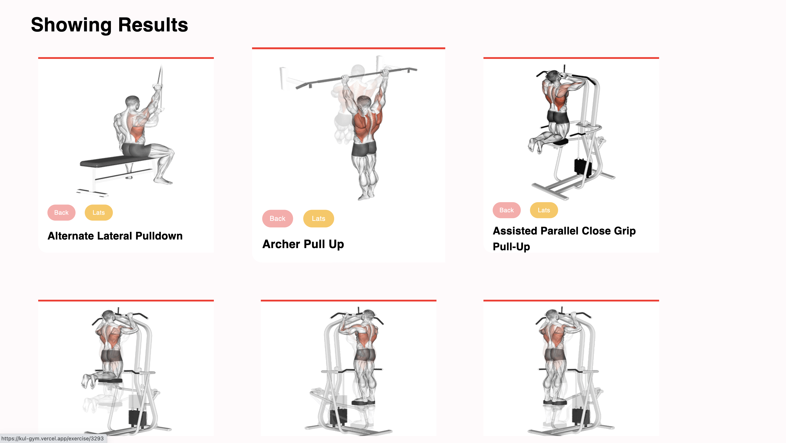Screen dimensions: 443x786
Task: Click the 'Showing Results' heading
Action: pos(109,25)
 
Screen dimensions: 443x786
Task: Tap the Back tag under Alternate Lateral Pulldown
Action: pos(61,212)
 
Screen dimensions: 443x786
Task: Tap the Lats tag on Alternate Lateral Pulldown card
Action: pos(99,212)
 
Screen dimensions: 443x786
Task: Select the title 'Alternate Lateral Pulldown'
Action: pos(115,236)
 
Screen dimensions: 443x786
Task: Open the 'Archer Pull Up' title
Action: pos(303,244)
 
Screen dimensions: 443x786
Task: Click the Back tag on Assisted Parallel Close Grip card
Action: pos(507,210)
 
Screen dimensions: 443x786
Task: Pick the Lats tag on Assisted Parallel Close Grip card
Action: pos(544,210)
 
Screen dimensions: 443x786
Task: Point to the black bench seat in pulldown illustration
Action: pos(116,161)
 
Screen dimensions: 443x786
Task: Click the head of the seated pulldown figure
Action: pos(132,102)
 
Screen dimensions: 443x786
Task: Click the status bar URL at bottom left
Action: pos(52,438)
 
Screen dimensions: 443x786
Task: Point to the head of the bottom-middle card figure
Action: pos(369,316)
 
